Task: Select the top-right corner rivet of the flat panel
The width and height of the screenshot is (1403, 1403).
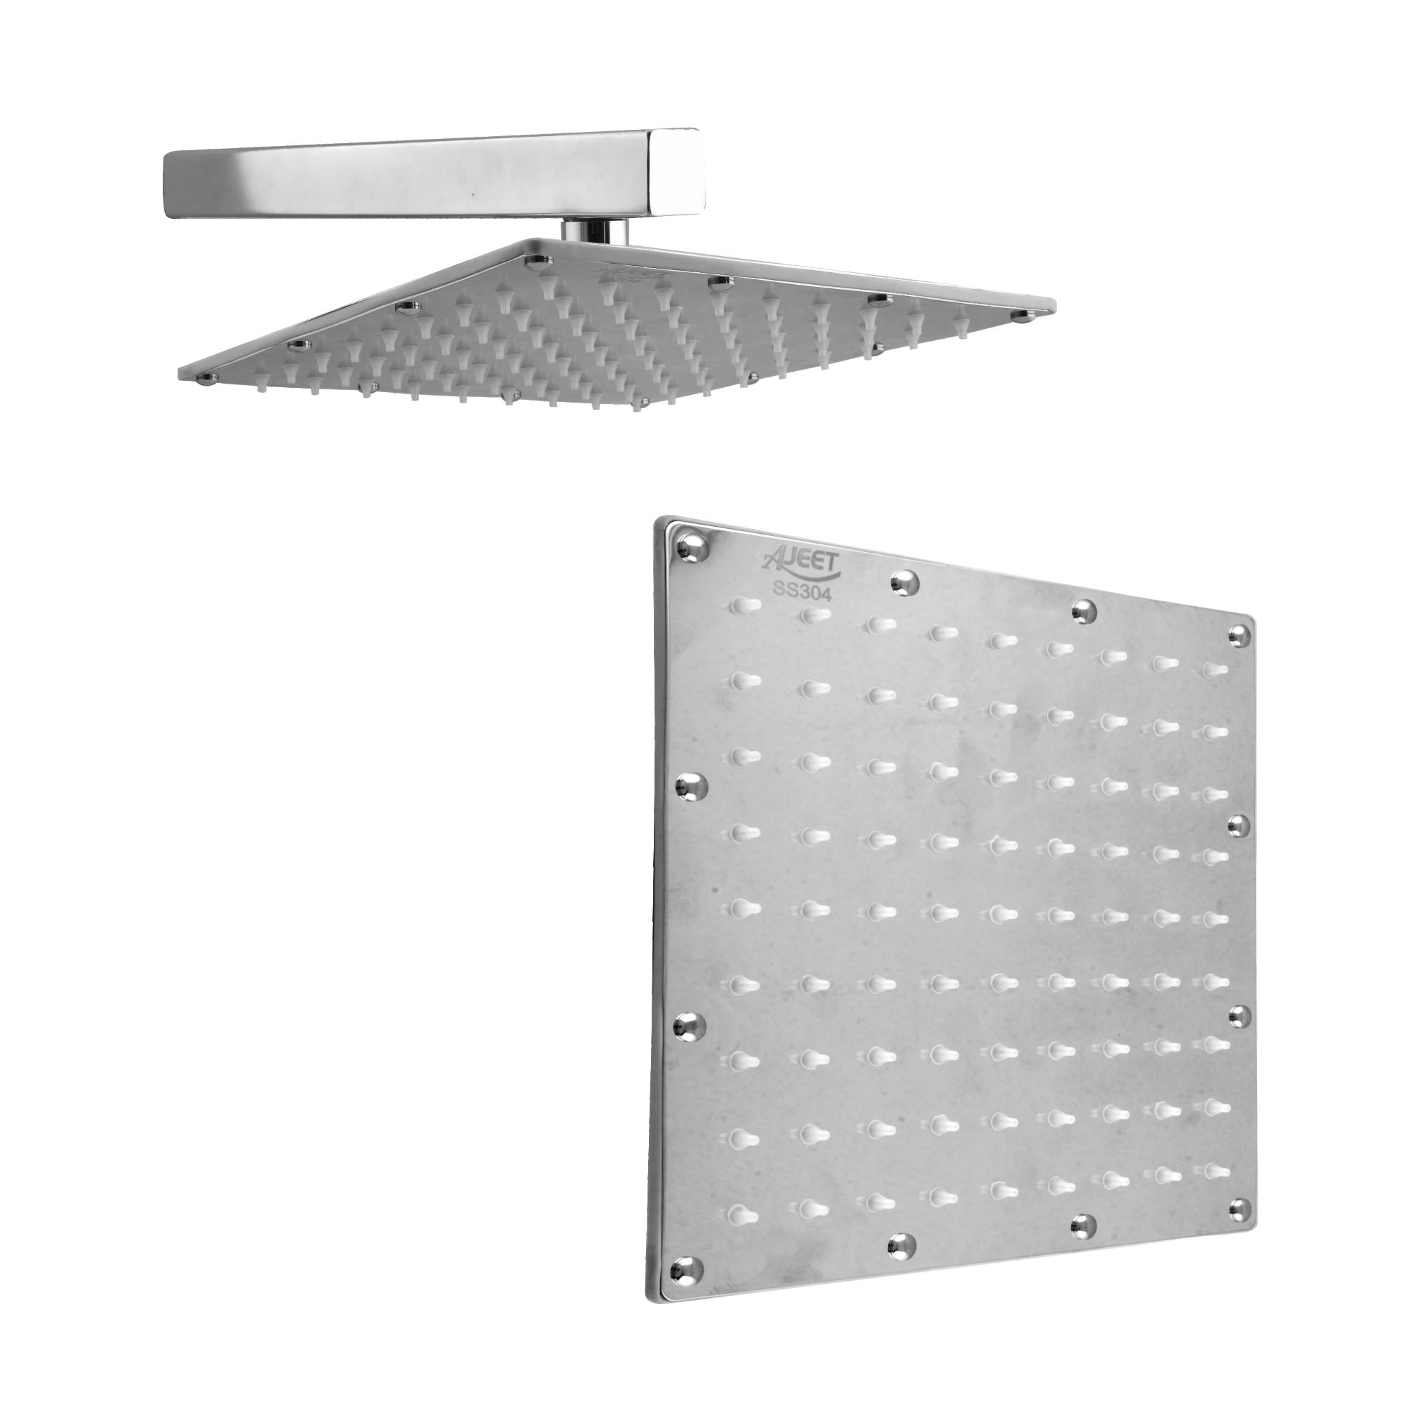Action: click(1239, 636)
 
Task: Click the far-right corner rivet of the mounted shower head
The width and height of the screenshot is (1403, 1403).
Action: click(1024, 314)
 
